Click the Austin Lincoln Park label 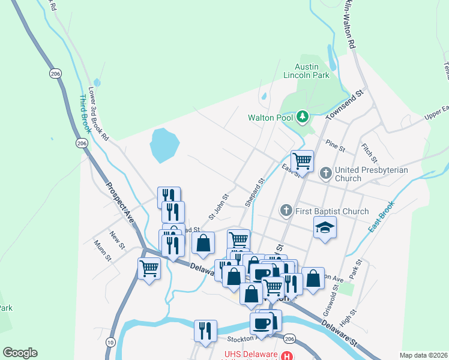pyautogui.click(x=316, y=71)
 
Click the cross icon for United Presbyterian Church pyautogui.click(x=326, y=174)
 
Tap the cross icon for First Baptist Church pyautogui.click(x=286, y=211)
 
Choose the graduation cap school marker pyautogui.click(x=325, y=227)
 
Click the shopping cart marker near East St pyautogui.click(x=302, y=161)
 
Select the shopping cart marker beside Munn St pyautogui.click(x=149, y=268)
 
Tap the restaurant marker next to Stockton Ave pyautogui.click(x=205, y=330)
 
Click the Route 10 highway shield pyautogui.click(x=110, y=341)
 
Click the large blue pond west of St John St pyautogui.click(x=164, y=145)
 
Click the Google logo pyautogui.click(x=20, y=353)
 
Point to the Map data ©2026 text pyautogui.click(x=423, y=355)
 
